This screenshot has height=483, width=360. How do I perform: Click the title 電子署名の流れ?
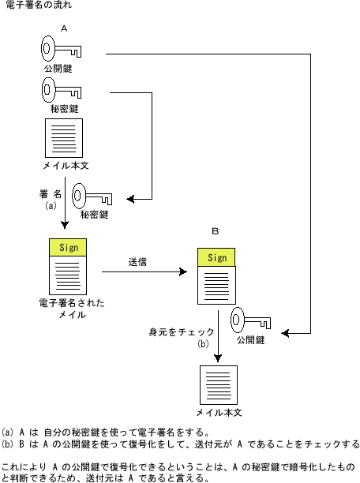tap(39, 5)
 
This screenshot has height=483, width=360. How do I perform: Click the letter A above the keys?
tap(64, 28)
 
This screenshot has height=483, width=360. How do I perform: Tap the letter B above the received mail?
tap(216, 231)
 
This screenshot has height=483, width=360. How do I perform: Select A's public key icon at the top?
tap(61, 49)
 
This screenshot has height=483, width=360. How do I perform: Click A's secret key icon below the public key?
tap(62, 90)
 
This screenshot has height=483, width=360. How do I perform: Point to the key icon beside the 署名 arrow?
tap(92, 196)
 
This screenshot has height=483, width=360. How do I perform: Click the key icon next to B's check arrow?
tap(250, 320)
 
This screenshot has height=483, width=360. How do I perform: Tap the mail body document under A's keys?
tap(64, 138)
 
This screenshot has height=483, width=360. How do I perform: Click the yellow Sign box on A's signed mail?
tap(68, 247)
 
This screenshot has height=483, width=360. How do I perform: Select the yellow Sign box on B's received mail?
tap(216, 257)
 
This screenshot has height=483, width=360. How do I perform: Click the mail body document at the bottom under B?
tap(219, 385)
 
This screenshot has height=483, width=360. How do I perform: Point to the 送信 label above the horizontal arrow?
tap(137, 262)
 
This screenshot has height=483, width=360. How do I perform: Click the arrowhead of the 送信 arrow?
tap(184, 271)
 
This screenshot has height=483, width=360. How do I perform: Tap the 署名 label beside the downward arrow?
tap(51, 194)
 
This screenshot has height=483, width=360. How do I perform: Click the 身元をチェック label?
tap(182, 332)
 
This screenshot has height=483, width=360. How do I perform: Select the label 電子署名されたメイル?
tap(72, 309)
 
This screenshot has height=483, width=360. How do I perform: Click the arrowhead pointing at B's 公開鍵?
tap(285, 333)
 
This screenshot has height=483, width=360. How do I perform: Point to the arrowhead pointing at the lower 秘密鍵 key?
tap(130, 199)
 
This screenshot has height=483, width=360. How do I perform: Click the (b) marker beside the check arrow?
tap(203, 343)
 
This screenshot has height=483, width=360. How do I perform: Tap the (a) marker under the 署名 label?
tap(51, 205)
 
